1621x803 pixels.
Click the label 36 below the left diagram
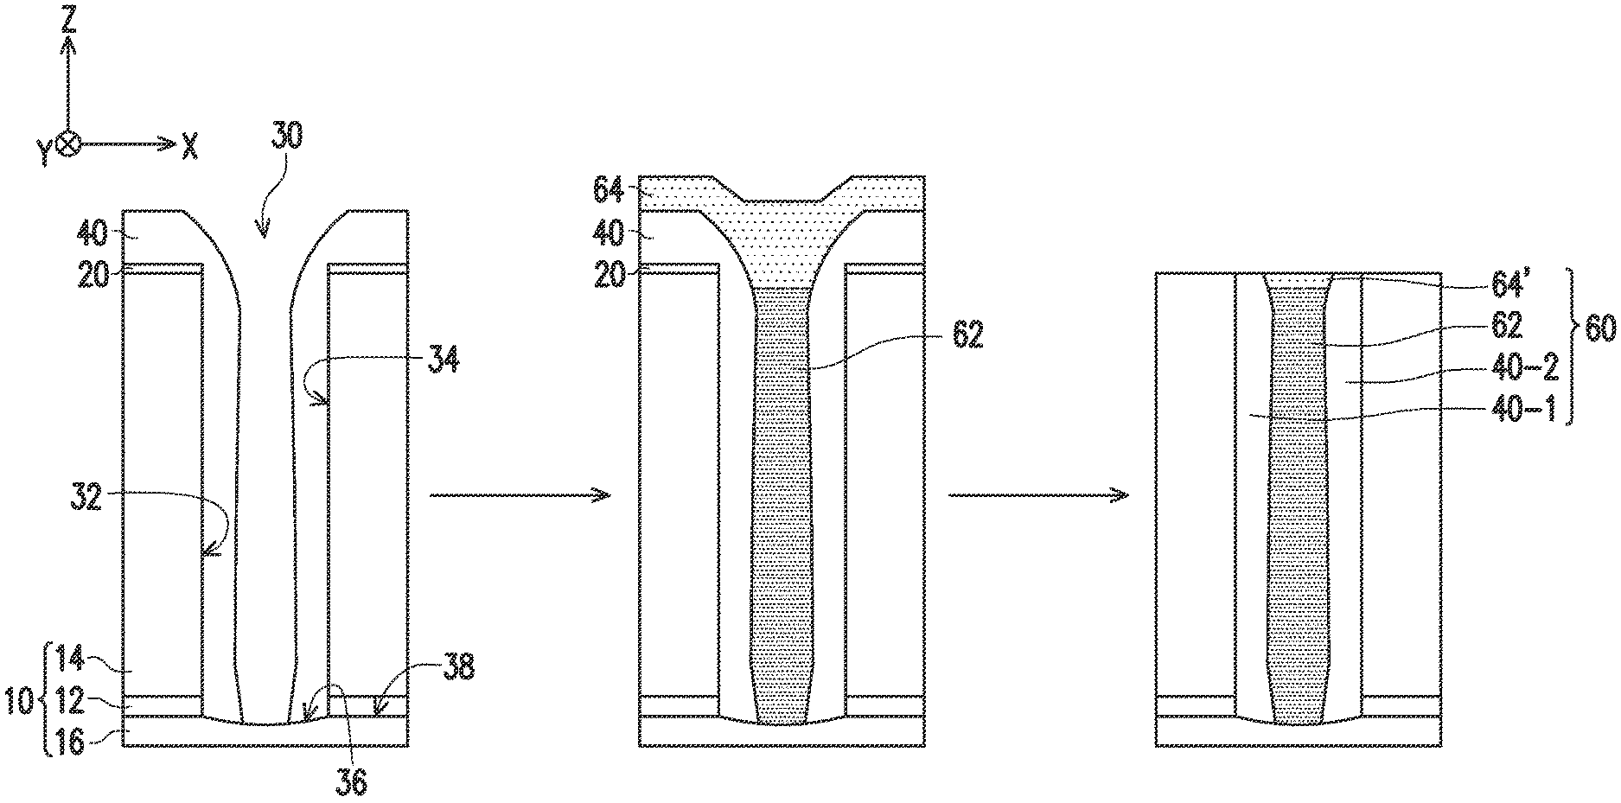[x=350, y=781]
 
